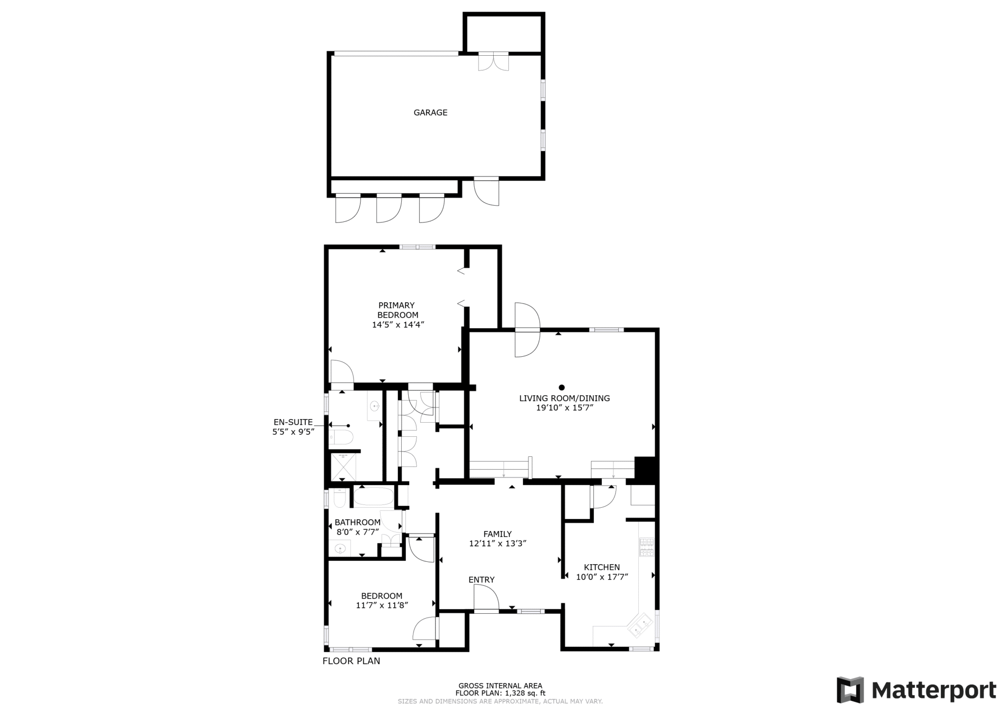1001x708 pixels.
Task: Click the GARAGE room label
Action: coord(430,112)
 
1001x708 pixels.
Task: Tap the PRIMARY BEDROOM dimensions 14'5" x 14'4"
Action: coord(398,324)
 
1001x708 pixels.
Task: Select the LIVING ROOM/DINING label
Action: coord(565,398)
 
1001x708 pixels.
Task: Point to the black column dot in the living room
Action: coord(562,387)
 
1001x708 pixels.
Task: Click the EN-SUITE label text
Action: coord(293,422)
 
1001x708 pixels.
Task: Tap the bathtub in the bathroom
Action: coord(373,496)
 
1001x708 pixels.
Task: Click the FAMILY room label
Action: coord(498,534)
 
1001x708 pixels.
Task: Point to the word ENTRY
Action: coord(481,579)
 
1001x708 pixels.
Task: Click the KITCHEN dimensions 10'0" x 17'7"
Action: coord(602,577)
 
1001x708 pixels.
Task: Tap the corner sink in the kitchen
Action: coord(641,625)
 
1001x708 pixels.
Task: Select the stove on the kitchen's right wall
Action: coord(647,547)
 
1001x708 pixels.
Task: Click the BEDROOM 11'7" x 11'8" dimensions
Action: coord(382,605)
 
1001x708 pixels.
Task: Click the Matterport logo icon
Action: coord(850,690)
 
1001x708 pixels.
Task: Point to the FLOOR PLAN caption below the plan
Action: coord(351,661)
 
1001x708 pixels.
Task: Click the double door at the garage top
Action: coord(493,62)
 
